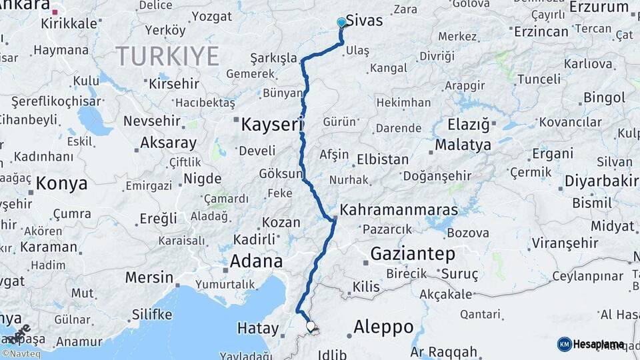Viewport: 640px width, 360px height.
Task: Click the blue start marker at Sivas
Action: (341, 23)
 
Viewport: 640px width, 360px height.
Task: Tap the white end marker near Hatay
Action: (311, 326)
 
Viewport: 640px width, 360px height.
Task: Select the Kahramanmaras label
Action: (399, 210)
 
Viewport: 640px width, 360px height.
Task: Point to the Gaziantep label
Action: (413, 253)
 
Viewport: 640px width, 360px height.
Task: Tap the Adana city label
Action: (256, 261)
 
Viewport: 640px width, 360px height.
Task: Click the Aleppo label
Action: (383, 327)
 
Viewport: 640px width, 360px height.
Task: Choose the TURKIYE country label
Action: (167, 57)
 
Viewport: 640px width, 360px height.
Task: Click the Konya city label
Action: (61, 183)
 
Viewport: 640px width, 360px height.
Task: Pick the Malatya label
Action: (463, 145)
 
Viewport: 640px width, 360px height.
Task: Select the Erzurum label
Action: (599, 7)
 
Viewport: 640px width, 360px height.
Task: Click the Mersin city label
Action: (149, 277)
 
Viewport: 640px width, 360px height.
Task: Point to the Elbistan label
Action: (383, 160)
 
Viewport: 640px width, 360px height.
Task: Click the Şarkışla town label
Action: (273, 59)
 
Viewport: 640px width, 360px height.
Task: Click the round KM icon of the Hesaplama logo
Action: (564, 344)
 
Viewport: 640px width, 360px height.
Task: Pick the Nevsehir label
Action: (152, 121)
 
